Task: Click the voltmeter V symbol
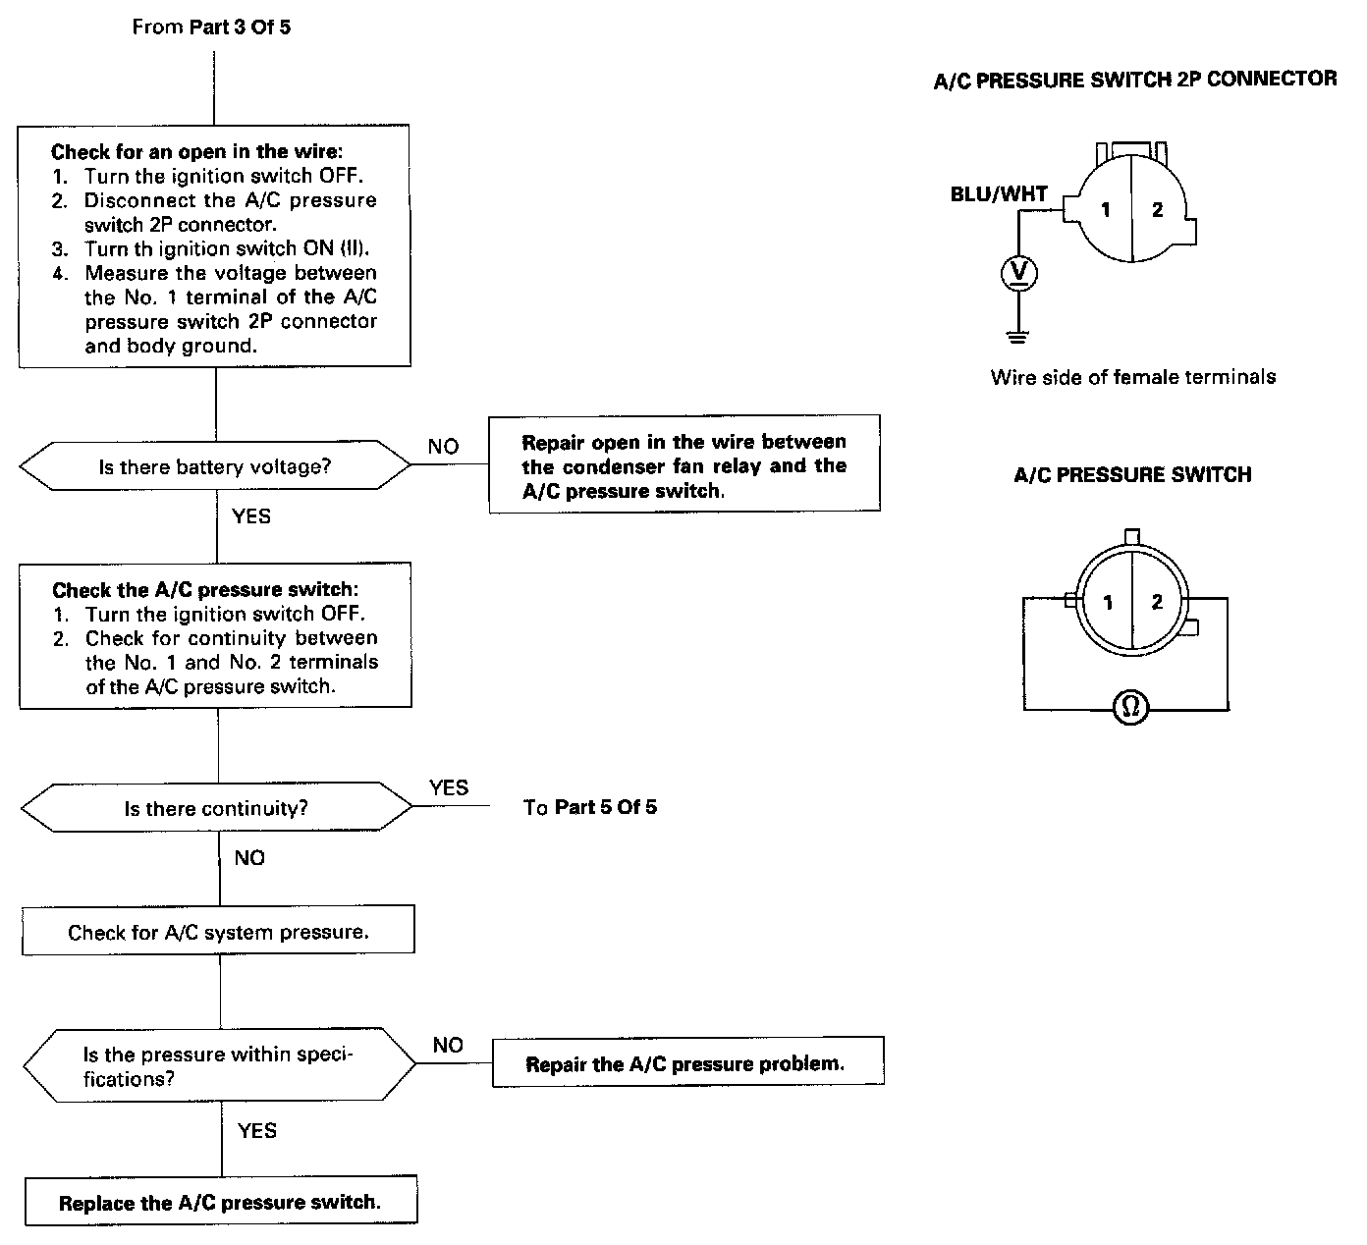(x=1018, y=272)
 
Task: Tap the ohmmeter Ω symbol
(x=1130, y=707)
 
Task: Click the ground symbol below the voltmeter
(x=1018, y=337)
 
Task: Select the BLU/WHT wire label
(x=999, y=194)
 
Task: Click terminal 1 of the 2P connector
(x=1106, y=209)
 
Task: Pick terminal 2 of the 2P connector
(x=1157, y=209)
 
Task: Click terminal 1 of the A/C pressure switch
(x=1108, y=602)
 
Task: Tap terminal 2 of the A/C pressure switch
(x=1157, y=602)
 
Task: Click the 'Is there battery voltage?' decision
(x=215, y=466)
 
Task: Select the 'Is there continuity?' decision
(x=216, y=808)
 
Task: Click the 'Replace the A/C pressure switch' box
(x=220, y=1202)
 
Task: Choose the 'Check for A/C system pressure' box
(x=218, y=932)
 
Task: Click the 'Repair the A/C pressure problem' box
(x=686, y=1063)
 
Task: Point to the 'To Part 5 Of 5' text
(x=590, y=807)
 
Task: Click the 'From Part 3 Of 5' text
(x=211, y=27)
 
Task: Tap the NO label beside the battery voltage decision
(x=443, y=447)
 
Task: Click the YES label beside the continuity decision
(x=449, y=787)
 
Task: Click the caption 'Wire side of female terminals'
(x=1132, y=376)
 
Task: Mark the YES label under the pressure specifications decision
(x=257, y=1130)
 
